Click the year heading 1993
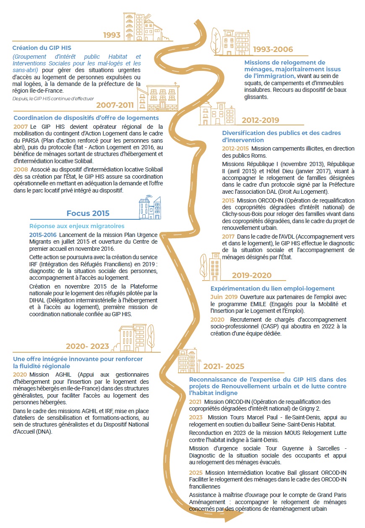click(x=112, y=35)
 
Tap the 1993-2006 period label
click(x=273, y=49)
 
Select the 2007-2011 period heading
click(x=115, y=105)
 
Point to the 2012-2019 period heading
click(x=260, y=120)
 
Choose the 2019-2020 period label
click(x=252, y=276)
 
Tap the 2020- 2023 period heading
click(x=87, y=346)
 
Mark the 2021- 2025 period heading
click(x=224, y=367)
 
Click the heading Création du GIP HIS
click(x=39, y=48)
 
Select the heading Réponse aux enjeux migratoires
click(x=77, y=226)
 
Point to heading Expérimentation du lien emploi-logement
click(x=272, y=289)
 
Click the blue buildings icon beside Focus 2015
click(x=150, y=207)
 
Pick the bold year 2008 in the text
click(x=21, y=169)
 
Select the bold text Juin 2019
click(x=224, y=297)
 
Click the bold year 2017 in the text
click(x=229, y=237)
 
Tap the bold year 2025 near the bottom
click(x=196, y=473)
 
